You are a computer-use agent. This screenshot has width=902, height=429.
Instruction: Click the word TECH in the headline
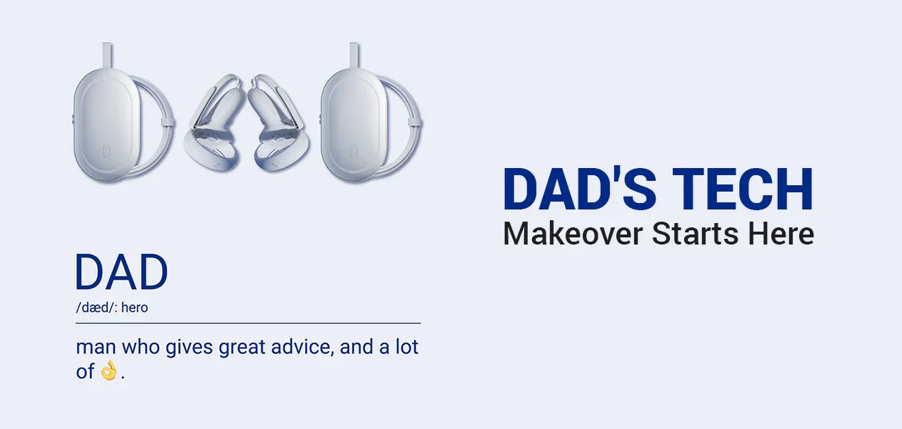click(x=743, y=189)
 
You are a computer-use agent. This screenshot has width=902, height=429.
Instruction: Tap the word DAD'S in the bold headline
click(x=580, y=189)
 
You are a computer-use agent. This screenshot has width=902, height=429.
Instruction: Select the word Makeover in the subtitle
click(x=573, y=234)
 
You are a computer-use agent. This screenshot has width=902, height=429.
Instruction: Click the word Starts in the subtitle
click(x=696, y=234)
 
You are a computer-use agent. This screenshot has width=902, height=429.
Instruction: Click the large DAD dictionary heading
click(x=121, y=272)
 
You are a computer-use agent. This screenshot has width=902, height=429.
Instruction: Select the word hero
click(x=134, y=307)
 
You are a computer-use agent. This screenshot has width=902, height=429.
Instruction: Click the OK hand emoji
click(x=109, y=370)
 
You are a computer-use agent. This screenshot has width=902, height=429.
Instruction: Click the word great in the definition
click(x=242, y=348)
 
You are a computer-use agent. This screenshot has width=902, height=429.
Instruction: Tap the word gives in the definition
click(x=189, y=348)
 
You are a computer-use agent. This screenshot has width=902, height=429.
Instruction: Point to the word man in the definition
click(x=96, y=347)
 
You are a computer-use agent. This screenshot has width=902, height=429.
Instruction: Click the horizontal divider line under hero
click(x=248, y=323)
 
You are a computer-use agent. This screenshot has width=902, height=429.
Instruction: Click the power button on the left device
click(x=106, y=151)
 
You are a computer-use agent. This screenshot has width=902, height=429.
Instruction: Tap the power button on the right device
click(x=353, y=151)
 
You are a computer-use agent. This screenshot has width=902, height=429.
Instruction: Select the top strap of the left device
click(x=107, y=56)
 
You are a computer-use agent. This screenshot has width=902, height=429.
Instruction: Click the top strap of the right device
click(x=354, y=56)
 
